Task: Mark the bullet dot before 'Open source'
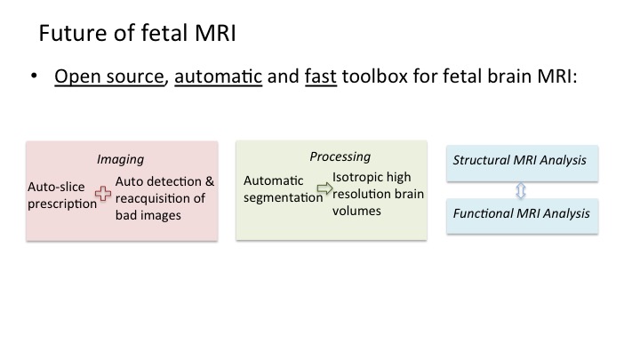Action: tap(34, 78)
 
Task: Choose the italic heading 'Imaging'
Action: tap(120, 160)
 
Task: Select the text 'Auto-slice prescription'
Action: tap(62, 196)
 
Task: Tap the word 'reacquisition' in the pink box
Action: tap(153, 197)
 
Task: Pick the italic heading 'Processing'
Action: tap(340, 156)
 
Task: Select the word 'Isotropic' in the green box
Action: tap(359, 178)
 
